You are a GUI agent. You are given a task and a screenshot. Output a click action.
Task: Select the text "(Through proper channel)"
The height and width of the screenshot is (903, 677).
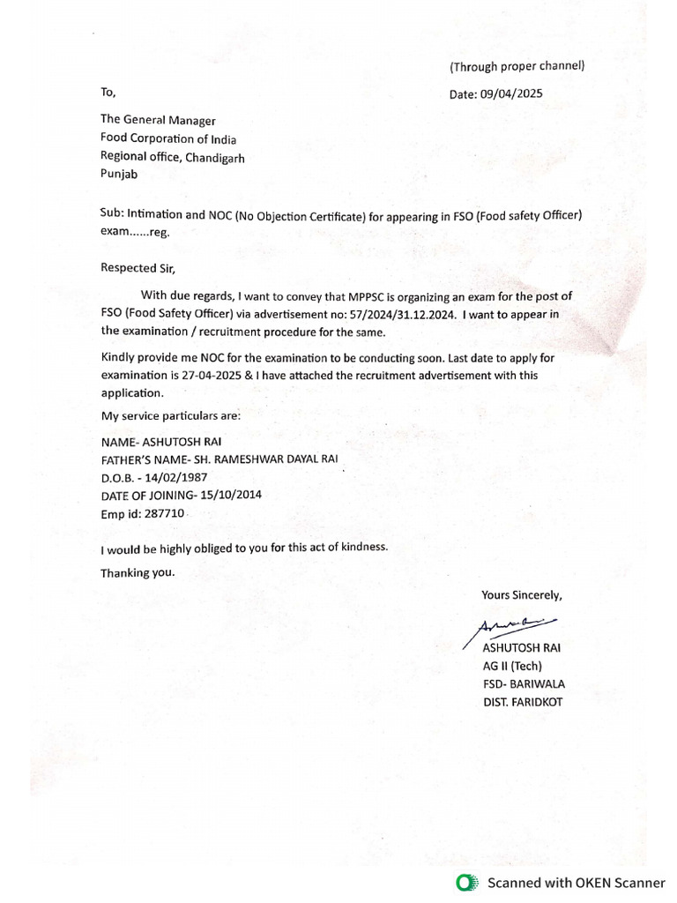(x=517, y=66)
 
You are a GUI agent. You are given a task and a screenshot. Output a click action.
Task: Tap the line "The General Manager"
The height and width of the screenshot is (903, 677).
(x=157, y=121)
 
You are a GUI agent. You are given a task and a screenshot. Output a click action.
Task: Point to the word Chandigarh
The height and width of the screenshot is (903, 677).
(x=212, y=157)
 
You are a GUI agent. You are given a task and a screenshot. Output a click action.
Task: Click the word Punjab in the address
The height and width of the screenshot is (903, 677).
(x=119, y=175)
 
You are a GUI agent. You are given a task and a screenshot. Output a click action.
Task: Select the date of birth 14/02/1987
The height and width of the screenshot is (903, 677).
(x=175, y=477)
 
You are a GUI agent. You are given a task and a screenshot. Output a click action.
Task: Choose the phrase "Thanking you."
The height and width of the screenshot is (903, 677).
(x=138, y=572)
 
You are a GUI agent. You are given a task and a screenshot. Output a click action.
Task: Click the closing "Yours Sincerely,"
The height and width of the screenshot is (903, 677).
(x=521, y=594)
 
